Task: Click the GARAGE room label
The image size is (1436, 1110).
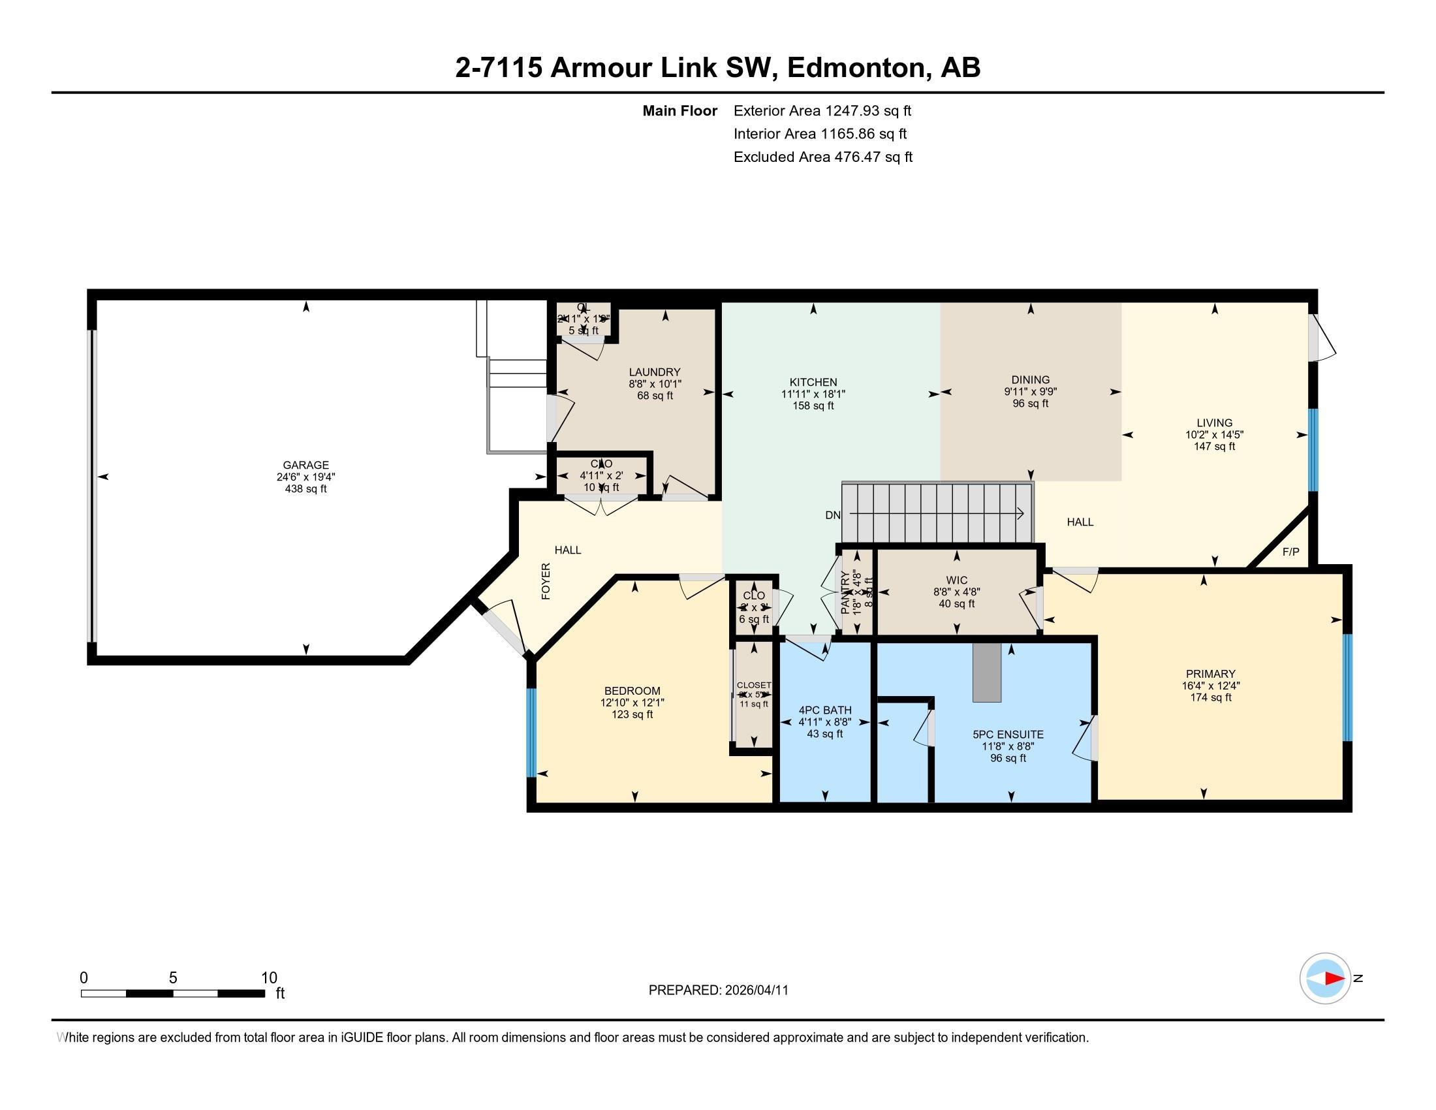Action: [305, 465]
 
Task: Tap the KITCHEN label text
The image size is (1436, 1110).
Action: [813, 382]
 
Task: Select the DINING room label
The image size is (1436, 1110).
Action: [1030, 379]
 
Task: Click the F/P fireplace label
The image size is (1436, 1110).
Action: [1290, 552]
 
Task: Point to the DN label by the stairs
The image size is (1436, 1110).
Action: [833, 515]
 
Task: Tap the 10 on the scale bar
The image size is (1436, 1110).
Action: [269, 977]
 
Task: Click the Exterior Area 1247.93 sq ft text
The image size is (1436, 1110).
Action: [822, 110]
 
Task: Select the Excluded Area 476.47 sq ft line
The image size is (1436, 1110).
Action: [822, 157]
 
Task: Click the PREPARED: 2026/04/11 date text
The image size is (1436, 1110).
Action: [718, 990]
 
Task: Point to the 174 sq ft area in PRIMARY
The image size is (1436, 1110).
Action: [1210, 697]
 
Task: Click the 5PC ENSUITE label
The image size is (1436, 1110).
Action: [1008, 735]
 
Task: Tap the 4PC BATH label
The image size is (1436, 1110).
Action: [824, 710]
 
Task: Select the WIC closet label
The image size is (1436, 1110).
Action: [957, 580]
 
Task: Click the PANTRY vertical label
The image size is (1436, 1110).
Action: [845, 592]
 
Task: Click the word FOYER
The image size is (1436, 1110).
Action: [546, 580]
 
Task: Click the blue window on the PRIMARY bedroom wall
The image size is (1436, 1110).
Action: [1347, 687]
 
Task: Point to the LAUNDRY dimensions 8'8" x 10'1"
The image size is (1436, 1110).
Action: [655, 383]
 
